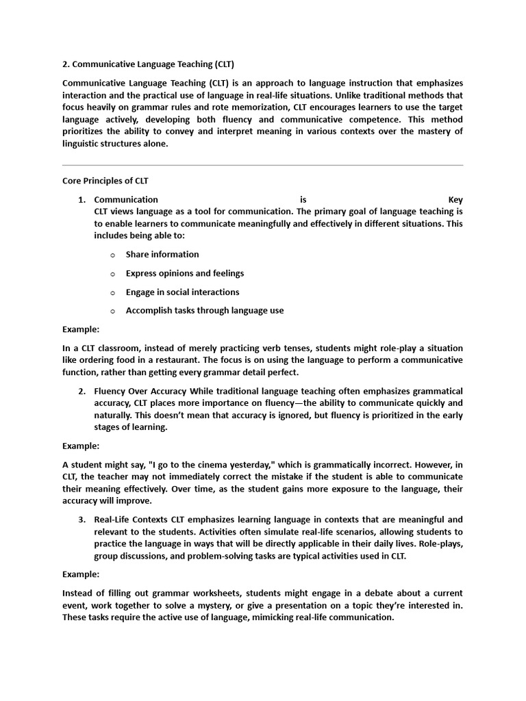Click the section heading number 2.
[66, 64]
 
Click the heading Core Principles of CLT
[105, 181]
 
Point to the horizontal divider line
[262, 165]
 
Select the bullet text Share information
[162, 255]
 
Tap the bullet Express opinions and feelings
[184, 273]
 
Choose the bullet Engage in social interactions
[182, 292]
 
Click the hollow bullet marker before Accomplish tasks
[112, 311]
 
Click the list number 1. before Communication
[82, 200]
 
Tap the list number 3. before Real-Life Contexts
[82, 520]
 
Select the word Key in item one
[455, 200]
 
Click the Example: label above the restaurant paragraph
[81, 329]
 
